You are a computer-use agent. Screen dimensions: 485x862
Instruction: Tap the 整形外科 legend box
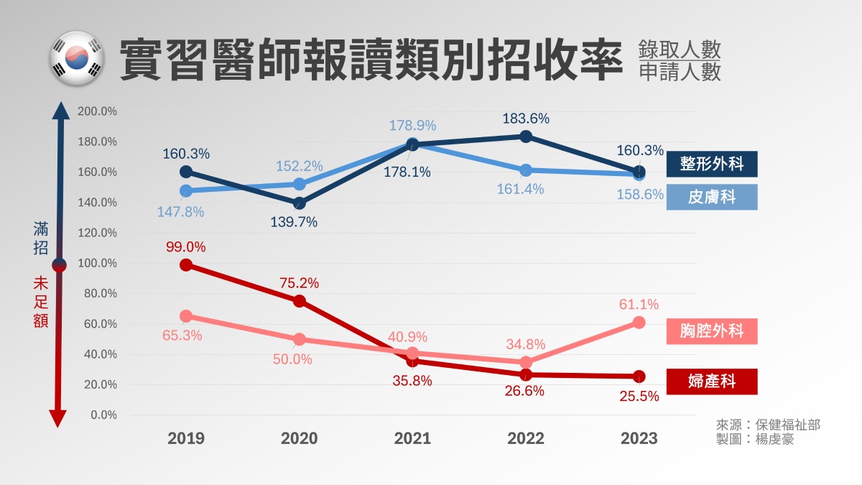pos(711,164)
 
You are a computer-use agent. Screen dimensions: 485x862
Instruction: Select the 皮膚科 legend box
pos(711,197)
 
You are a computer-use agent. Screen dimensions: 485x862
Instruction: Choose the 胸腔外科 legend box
pos(711,331)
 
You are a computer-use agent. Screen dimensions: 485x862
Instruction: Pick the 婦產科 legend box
pos(711,381)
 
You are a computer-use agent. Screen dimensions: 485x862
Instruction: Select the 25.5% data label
pos(639,396)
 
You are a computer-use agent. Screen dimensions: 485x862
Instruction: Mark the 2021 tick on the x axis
pos(412,438)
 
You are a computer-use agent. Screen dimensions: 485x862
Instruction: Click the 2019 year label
pos(186,438)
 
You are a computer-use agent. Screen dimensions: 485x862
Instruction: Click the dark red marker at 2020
pos(299,301)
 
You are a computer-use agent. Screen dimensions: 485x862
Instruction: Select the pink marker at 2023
pos(639,323)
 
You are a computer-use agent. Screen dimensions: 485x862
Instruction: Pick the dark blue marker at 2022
pos(526,137)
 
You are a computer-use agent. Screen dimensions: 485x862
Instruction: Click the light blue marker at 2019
pos(186,191)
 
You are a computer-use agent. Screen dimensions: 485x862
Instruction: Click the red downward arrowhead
pos(59,418)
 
